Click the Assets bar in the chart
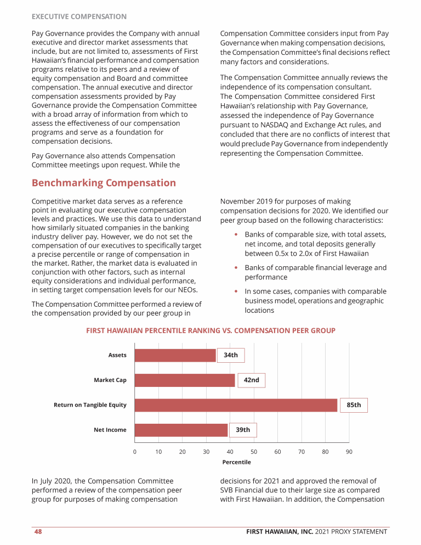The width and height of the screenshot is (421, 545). pos(175,355)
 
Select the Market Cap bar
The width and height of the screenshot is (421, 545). pos(185,380)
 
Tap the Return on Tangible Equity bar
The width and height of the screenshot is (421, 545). pos(236,405)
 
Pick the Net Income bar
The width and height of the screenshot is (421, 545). pos(181,430)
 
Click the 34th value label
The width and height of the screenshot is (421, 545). pos(231,355)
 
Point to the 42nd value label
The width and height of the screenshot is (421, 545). pos(251,380)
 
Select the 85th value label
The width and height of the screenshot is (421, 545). pos(354,405)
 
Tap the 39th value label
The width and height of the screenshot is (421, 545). pos(243,430)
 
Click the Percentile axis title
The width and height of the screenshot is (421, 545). pos(236,462)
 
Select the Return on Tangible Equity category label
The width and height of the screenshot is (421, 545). pos(90,405)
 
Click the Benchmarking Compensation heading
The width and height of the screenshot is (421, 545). pos(104,183)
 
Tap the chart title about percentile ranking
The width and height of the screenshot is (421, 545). pos(210,330)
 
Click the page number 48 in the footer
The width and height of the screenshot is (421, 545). pos(37,531)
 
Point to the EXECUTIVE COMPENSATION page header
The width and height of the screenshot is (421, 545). pos(79,17)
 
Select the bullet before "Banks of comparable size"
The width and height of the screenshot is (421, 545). pos(236,235)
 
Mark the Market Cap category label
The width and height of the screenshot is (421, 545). pos(110,380)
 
